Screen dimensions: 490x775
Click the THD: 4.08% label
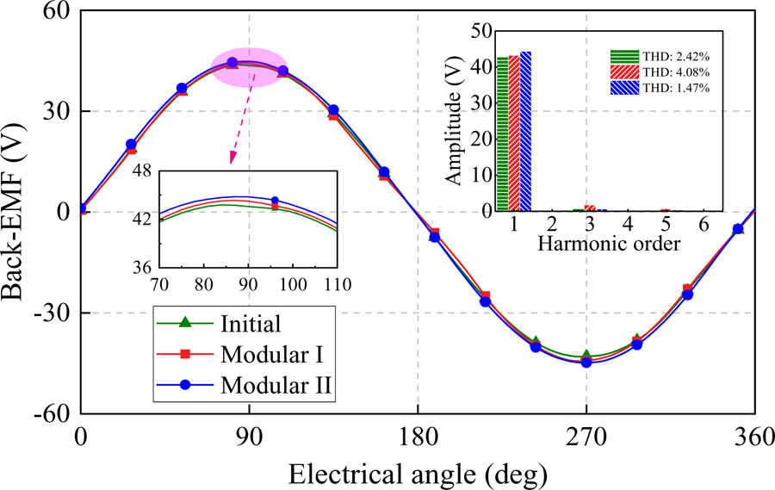671,71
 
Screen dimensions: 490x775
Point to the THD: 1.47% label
671,86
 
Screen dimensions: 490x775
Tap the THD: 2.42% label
671,55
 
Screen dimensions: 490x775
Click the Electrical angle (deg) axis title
418,472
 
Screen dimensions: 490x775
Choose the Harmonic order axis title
609,245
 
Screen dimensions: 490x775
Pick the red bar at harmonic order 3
590,208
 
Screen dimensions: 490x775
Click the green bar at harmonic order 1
503,133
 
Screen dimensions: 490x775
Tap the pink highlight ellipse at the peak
249,67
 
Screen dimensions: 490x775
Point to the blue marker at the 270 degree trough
586,363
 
